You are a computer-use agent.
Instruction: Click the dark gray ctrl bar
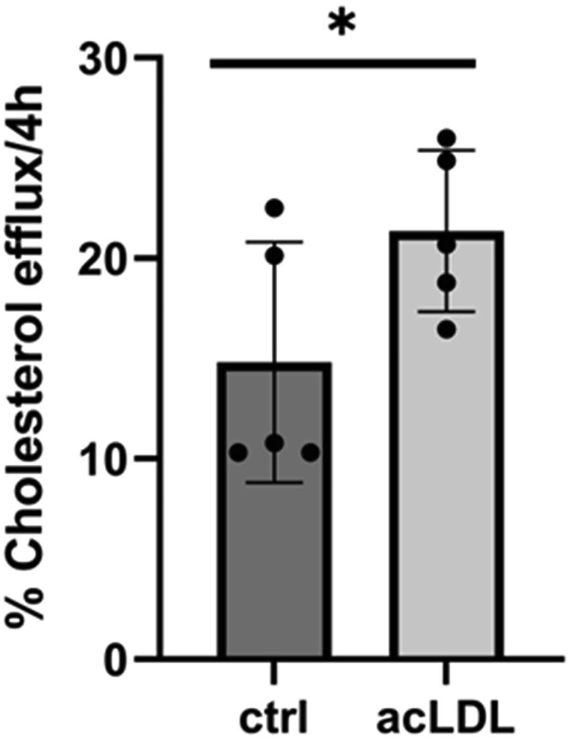click(274, 551)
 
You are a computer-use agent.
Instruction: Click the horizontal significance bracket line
click(342, 64)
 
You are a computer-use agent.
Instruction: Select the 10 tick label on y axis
click(104, 458)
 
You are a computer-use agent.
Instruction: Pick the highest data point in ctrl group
click(274, 208)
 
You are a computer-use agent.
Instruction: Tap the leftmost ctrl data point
click(238, 453)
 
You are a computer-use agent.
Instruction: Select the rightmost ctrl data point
click(311, 453)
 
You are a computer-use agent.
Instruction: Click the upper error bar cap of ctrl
click(274, 242)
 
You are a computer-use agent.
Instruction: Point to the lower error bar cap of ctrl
click(274, 482)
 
